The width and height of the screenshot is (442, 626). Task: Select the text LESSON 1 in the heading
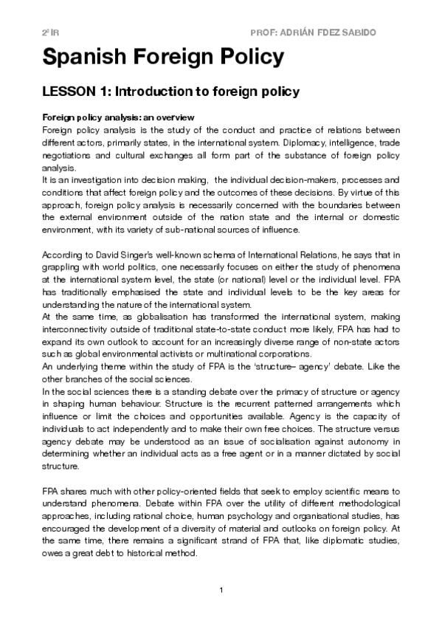pos(75,92)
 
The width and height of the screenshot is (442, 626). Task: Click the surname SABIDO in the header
pos(380,34)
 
